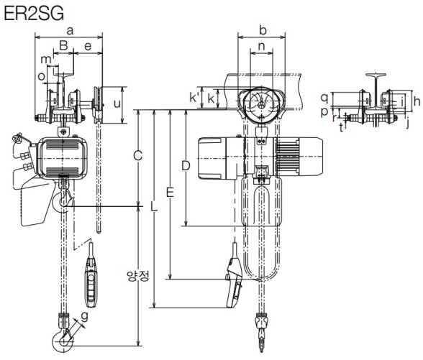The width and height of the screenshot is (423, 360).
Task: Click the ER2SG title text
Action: (x=34, y=13)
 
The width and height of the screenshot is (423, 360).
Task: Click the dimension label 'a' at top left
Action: (x=70, y=31)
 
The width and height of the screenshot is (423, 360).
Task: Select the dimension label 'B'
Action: (x=63, y=45)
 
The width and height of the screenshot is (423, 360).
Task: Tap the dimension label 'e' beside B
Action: (x=88, y=46)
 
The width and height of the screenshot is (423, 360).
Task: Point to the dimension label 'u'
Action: (x=117, y=103)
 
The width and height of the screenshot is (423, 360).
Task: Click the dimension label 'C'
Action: (x=138, y=156)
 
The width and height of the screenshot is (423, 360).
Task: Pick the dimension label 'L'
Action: (x=153, y=206)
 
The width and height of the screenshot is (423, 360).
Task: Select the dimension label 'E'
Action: (x=170, y=193)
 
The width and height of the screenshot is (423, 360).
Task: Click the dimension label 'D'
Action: (x=186, y=166)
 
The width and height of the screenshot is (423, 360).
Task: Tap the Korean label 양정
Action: (x=138, y=277)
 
